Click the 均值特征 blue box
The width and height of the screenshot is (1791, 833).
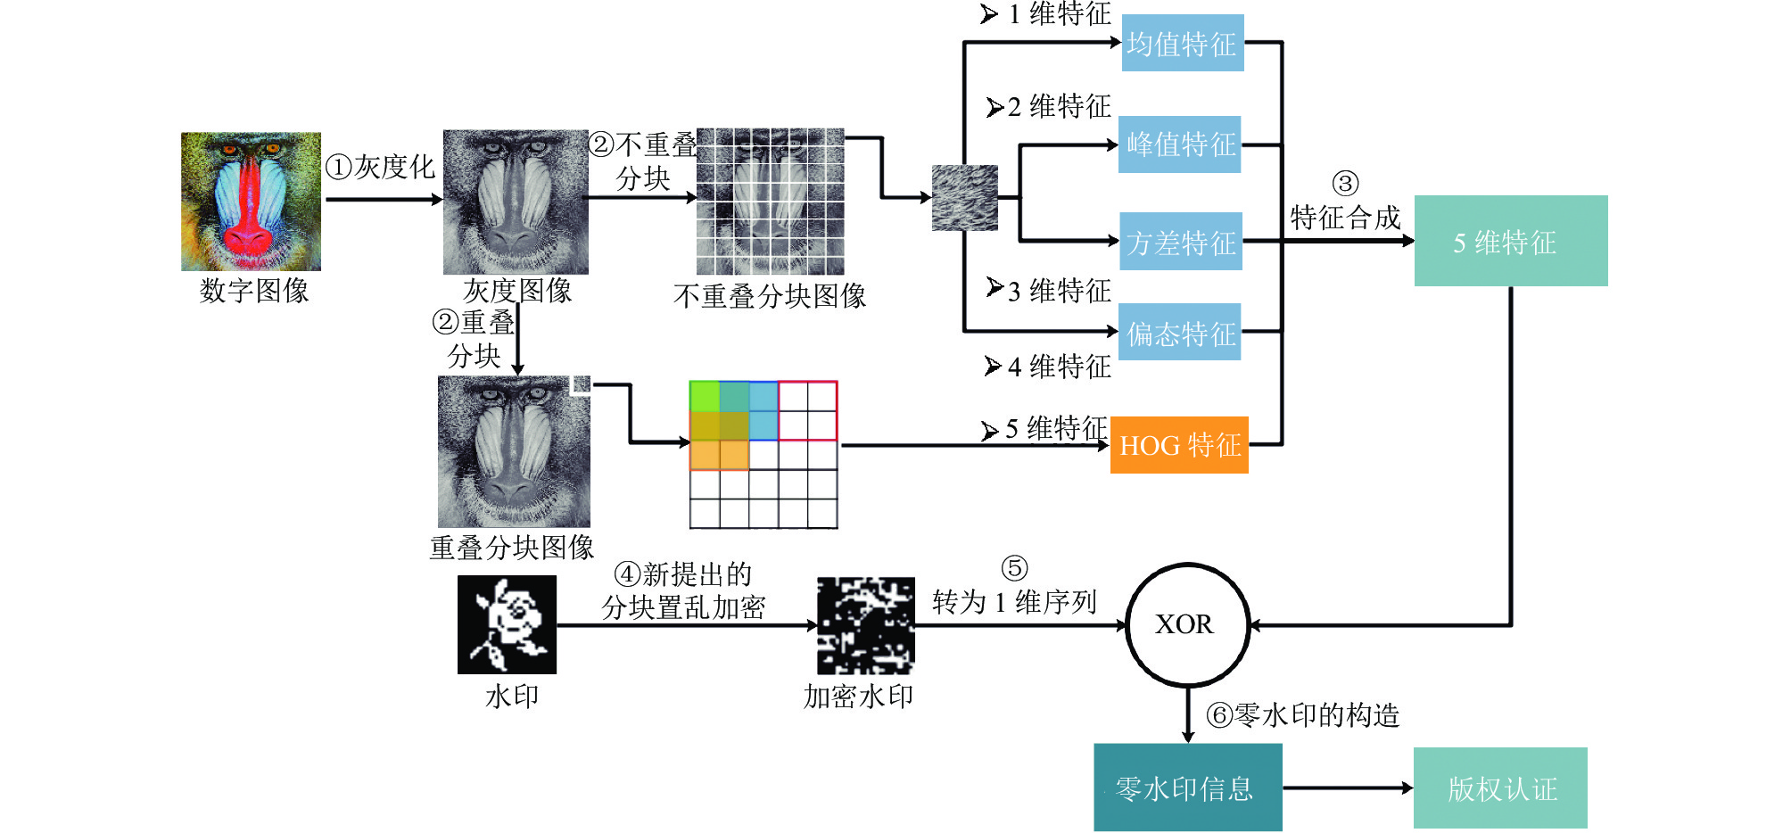(1182, 43)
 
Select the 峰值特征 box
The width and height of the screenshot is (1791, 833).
(1179, 144)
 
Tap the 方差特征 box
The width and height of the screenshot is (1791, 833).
(1181, 241)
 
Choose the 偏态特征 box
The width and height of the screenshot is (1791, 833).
(1179, 332)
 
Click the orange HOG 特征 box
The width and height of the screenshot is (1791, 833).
(1179, 444)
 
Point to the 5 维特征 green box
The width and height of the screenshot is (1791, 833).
(1511, 241)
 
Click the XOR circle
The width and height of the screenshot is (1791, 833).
(1187, 624)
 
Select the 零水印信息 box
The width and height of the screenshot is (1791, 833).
(1188, 788)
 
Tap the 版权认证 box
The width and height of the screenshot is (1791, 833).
(1500, 788)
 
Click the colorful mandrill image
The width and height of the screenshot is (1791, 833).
(251, 202)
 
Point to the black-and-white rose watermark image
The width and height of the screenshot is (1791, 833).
(507, 624)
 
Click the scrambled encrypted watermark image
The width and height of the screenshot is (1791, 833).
(866, 625)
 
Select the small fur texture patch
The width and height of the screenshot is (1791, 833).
(964, 198)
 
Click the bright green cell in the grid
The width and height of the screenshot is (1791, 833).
(705, 397)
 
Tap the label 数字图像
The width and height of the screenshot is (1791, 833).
(254, 291)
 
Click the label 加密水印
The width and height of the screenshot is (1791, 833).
(858, 696)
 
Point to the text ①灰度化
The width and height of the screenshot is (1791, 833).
(380, 167)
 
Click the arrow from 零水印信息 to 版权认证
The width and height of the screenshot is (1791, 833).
(1348, 788)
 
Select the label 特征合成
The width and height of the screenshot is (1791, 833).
(1345, 217)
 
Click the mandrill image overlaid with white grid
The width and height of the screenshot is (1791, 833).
(770, 202)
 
